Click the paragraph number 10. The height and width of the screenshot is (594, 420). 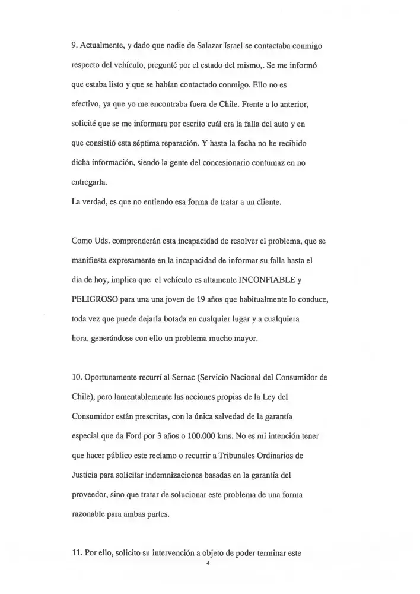(x=75, y=377)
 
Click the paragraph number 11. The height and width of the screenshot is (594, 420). (x=75, y=553)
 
